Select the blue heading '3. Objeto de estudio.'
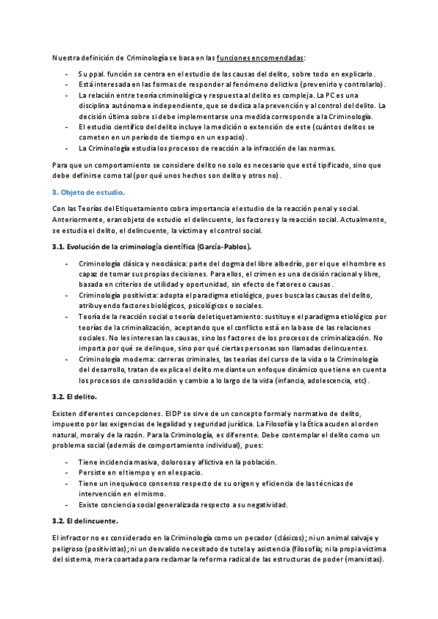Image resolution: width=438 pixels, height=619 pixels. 88,193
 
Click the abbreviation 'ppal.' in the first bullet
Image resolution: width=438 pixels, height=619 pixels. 105,74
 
